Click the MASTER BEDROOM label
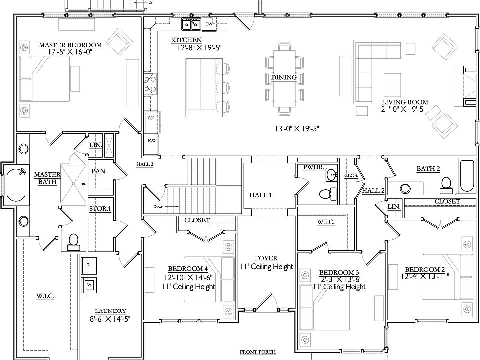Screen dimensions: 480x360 (70, 45)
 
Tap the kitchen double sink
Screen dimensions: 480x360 (191, 24)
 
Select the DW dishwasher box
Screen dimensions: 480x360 (209, 24)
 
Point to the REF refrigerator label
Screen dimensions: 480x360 (151, 118)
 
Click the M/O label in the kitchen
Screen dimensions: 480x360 (152, 140)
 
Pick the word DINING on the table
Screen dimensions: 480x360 (284, 77)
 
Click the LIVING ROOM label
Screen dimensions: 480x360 (405, 102)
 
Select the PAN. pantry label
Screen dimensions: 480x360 (99, 171)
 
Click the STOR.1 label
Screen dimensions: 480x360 (100, 209)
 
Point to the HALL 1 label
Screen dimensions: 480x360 (261, 195)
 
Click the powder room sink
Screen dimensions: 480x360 (332, 175)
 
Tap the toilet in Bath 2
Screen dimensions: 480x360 (446, 185)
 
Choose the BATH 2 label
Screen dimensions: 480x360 (428, 168)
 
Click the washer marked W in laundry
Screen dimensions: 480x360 (89, 285)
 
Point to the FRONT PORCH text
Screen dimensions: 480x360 (258, 352)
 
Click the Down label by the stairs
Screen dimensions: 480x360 (158, 207)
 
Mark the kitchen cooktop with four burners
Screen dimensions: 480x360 (151, 84)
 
